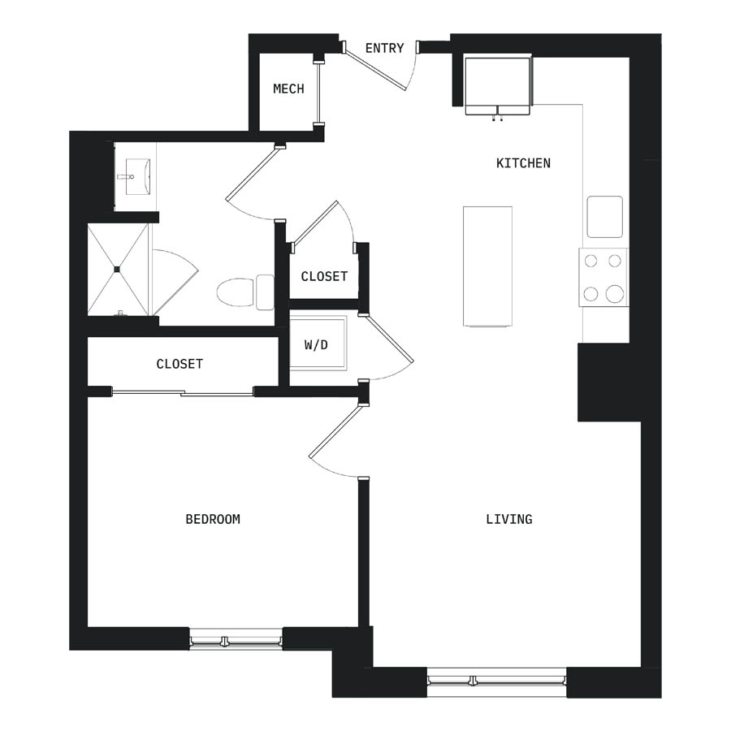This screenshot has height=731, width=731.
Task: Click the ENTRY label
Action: pos(385,48)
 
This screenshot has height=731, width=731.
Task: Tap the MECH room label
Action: pos(288,89)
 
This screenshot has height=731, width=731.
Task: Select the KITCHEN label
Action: pos(523,163)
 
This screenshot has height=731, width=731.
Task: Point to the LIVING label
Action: pos(509,519)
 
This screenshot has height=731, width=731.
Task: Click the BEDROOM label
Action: pos(213,519)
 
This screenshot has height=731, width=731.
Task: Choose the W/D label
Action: pos(316,345)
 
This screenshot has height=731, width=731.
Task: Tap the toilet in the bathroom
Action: pos(245,292)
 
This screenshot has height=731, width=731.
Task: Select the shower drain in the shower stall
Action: pos(117,269)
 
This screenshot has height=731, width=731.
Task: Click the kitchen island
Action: pos(487,266)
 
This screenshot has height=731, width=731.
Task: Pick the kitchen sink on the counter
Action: pos(604,217)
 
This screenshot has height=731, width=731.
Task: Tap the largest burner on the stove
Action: pos(615,294)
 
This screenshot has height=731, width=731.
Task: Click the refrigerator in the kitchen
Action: pos(498,85)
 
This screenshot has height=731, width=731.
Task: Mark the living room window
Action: pos(496,679)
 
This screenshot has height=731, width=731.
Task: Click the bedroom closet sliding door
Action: pos(183,393)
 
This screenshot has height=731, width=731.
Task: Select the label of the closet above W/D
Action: pos(324,276)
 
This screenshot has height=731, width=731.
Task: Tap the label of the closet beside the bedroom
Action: pos(180,364)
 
